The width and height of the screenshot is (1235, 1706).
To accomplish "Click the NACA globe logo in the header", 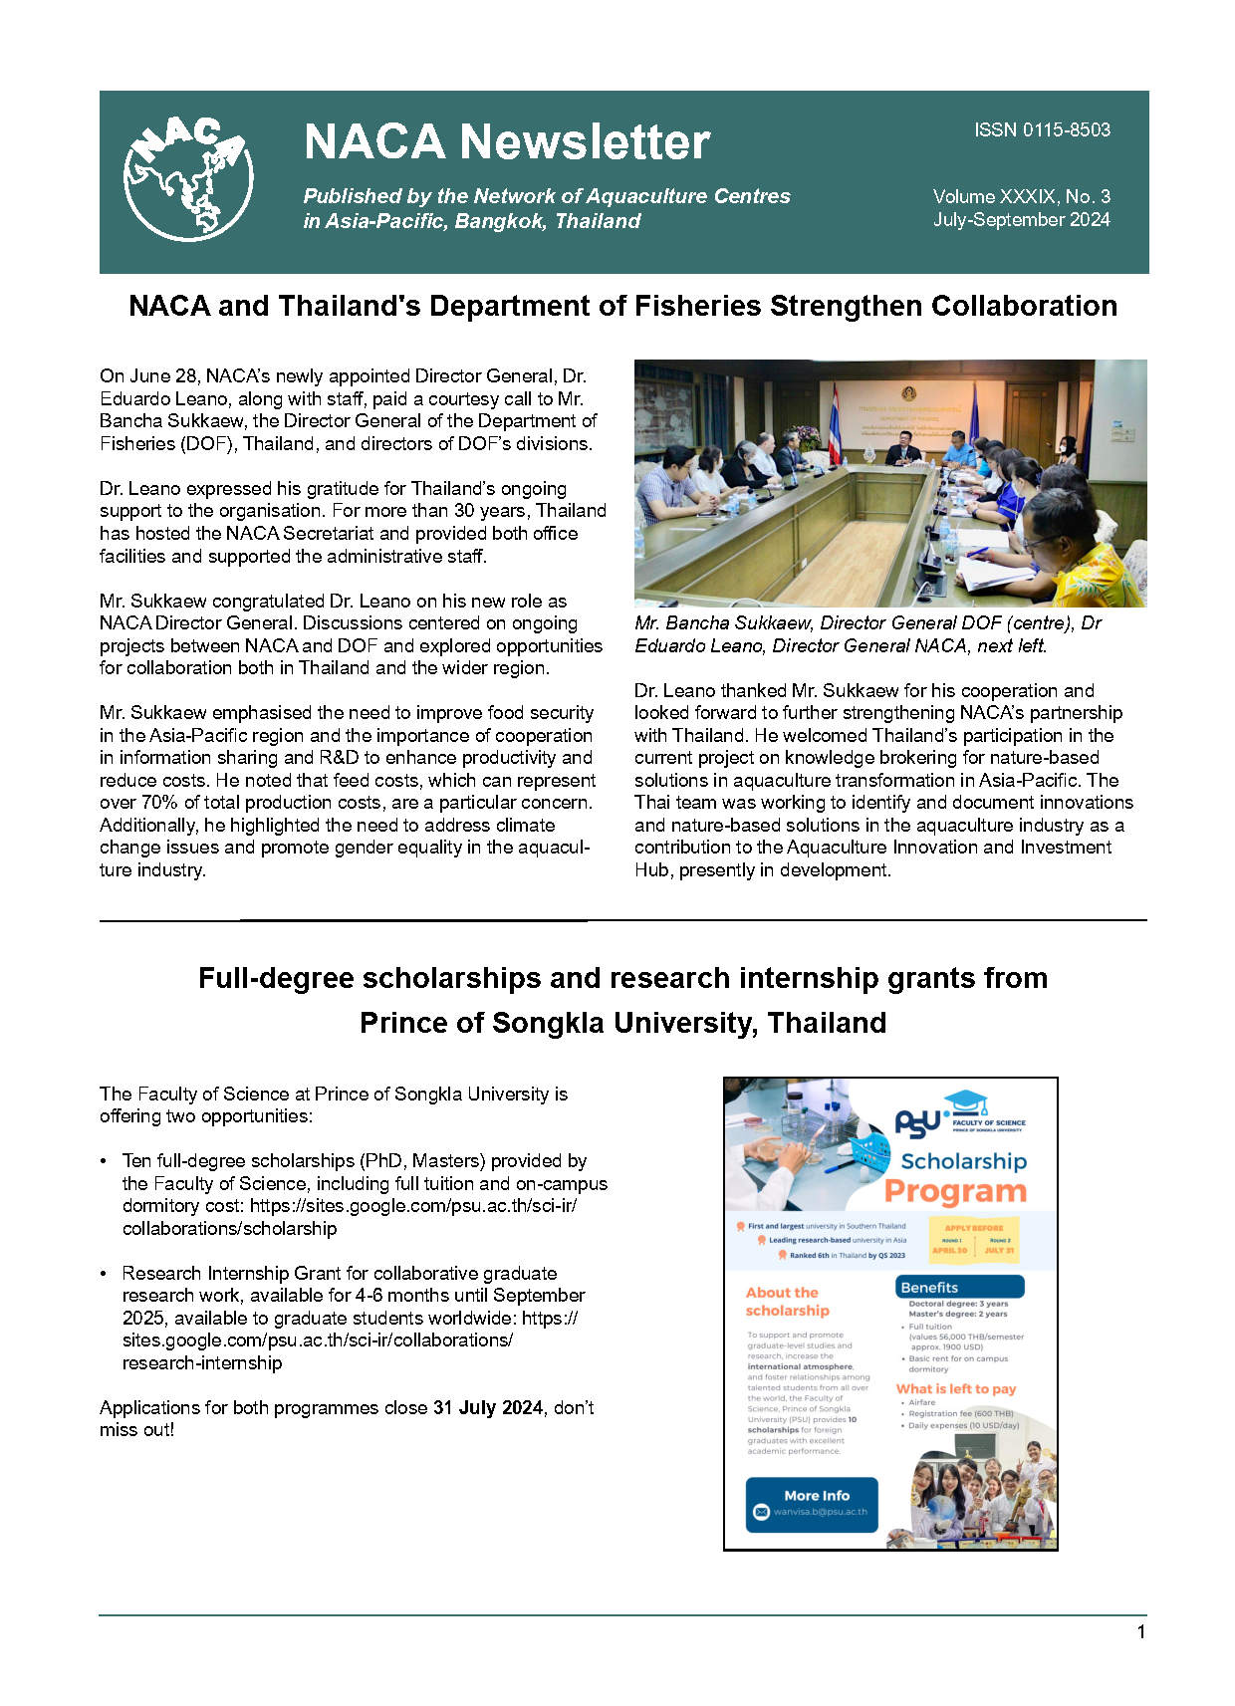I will coord(187,178).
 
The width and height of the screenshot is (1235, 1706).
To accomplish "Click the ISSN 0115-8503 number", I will coord(1042,130).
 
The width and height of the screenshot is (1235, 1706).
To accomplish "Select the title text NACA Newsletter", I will coord(506,142).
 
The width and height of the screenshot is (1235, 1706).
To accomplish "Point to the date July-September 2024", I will coord(1021,220).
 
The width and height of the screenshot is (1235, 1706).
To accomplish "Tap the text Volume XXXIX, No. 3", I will coord(1021,196).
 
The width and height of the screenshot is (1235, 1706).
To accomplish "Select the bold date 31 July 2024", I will coord(488,1407).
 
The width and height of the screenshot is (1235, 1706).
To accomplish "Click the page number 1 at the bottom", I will coord(1140,1632).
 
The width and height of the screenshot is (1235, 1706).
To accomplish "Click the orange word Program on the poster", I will coord(955,1191).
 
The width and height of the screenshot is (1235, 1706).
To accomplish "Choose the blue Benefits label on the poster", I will coord(929,1288).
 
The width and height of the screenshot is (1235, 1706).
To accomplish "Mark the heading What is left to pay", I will coord(955,1388).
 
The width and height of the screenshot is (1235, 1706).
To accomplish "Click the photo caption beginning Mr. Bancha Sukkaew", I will coord(866,634).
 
